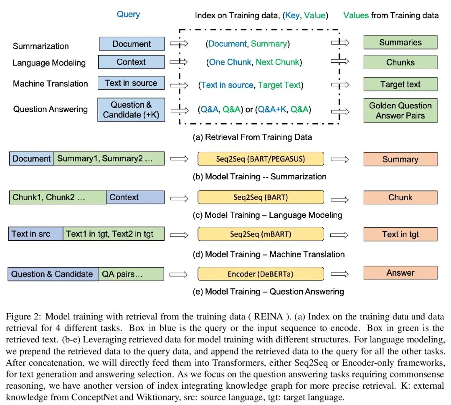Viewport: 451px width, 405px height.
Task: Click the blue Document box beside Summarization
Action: pyautogui.click(x=132, y=44)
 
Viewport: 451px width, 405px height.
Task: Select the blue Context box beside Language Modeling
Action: pyautogui.click(x=131, y=62)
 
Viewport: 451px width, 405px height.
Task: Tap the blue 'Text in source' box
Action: pyautogui.click(x=131, y=83)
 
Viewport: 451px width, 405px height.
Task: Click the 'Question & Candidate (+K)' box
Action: pyautogui.click(x=131, y=110)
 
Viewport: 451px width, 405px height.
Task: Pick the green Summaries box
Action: pyautogui.click(x=400, y=43)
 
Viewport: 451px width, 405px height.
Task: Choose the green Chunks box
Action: pyautogui.click(x=400, y=62)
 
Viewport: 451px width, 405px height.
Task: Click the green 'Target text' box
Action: pyautogui.click(x=400, y=85)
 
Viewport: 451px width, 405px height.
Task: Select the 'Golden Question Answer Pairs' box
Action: pyautogui.click(x=400, y=111)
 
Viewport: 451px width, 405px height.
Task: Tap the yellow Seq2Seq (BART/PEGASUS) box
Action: pyautogui.click(x=261, y=159)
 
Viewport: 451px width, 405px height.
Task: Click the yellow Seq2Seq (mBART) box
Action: pyautogui.click(x=261, y=234)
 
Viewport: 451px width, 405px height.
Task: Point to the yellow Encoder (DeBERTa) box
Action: pyautogui.click(x=261, y=274)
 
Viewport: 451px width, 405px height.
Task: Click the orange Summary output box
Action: pyautogui.click(x=400, y=159)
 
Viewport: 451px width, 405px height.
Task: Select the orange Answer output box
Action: pyautogui.click(x=400, y=273)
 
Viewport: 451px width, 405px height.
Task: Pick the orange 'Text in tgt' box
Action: pyautogui.click(x=400, y=234)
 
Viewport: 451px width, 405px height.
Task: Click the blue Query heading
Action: pyautogui.click(x=128, y=14)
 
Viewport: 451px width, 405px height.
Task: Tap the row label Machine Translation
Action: pyautogui.click(x=51, y=84)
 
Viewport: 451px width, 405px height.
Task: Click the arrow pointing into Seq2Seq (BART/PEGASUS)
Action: pyautogui.click(x=180, y=159)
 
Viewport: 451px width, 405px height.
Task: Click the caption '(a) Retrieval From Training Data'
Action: pyautogui.click(x=252, y=137)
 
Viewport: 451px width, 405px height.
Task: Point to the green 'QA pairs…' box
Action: pyautogui.click(x=131, y=274)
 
